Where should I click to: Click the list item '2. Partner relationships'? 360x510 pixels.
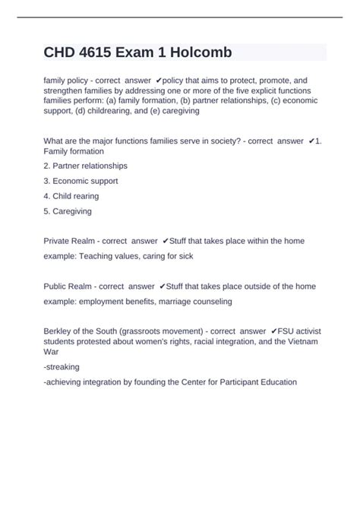click(x=86, y=165)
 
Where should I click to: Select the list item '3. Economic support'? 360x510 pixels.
click(x=81, y=181)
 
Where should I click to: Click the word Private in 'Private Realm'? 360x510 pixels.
click(x=58, y=240)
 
